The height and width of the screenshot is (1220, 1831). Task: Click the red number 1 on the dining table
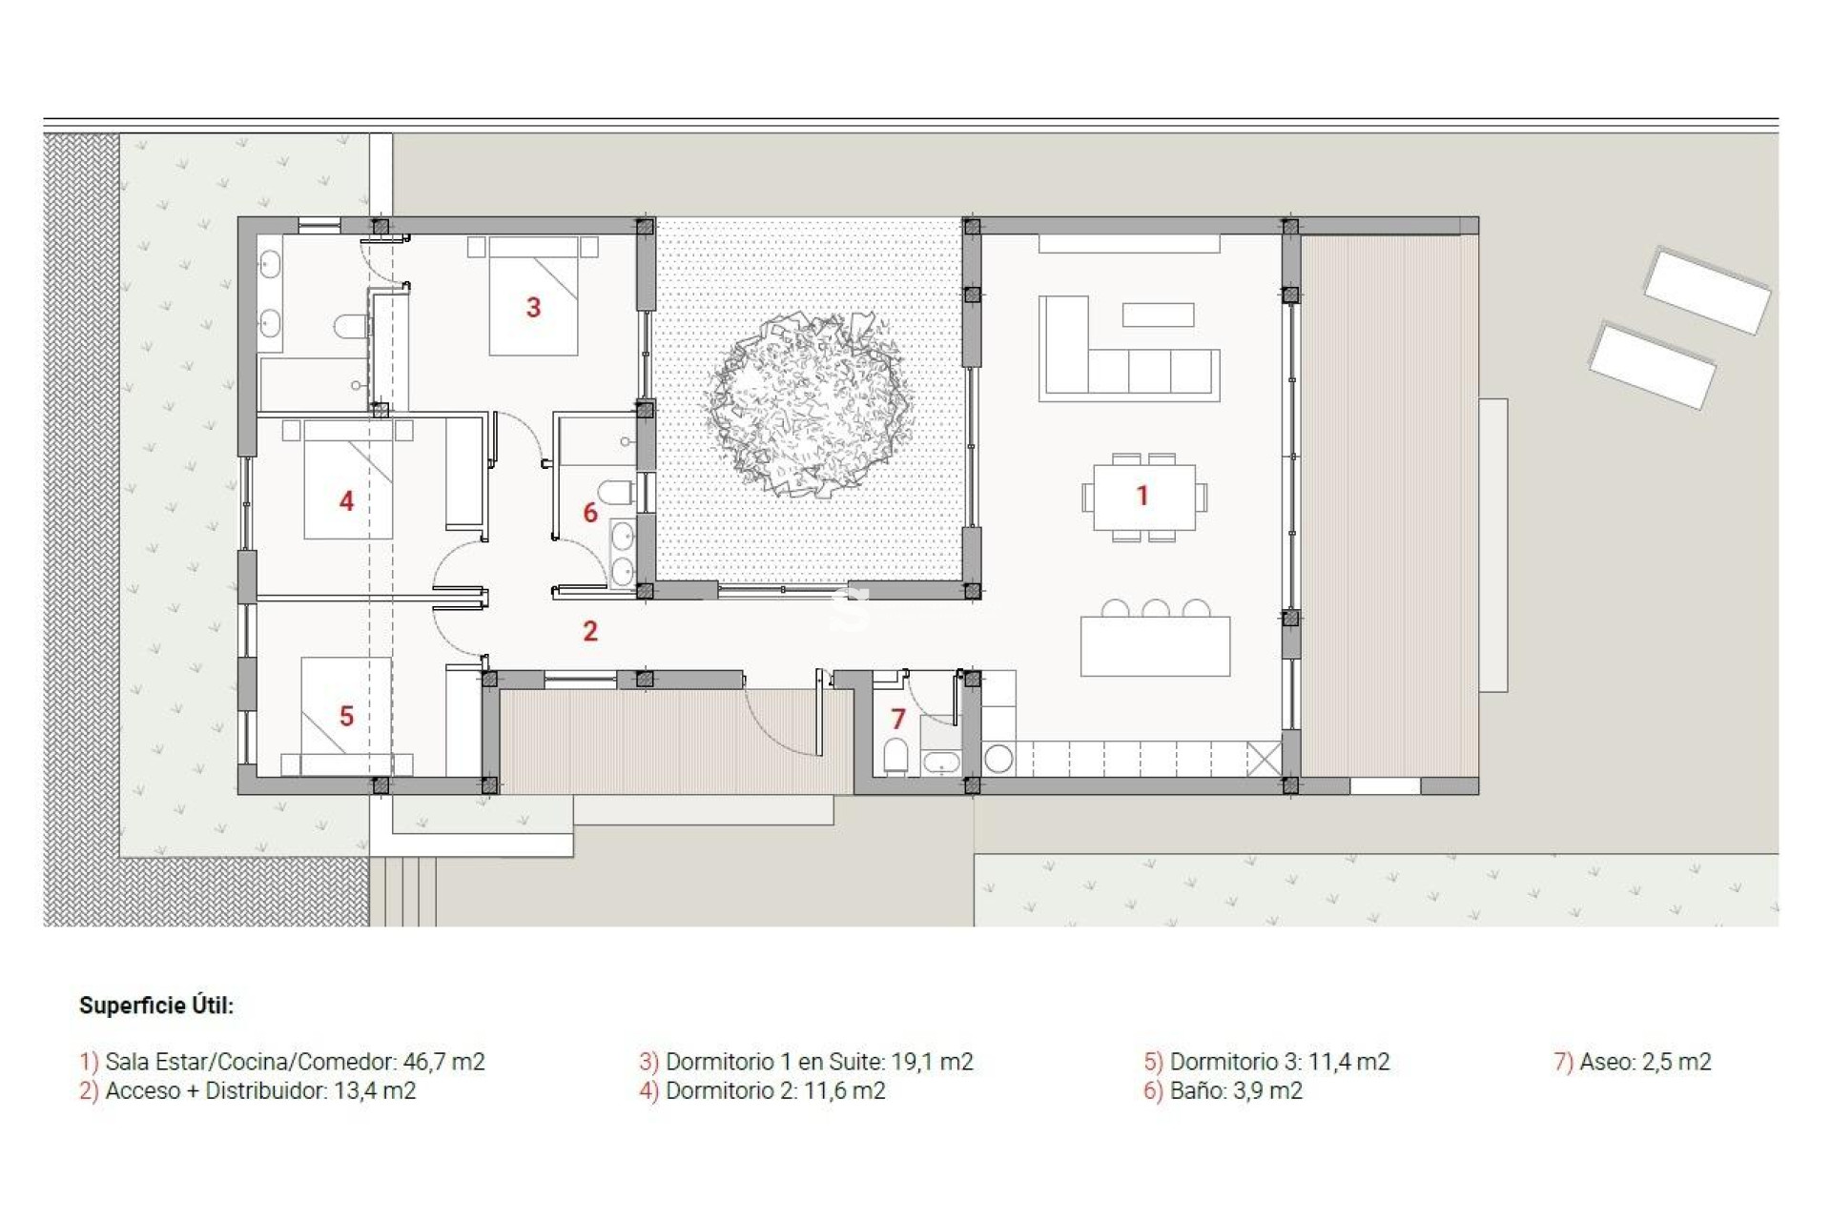(x=1142, y=496)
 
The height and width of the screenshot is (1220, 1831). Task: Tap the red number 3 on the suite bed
(x=533, y=307)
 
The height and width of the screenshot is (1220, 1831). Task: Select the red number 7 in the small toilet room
(x=897, y=719)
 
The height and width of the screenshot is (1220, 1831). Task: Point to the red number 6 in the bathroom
(x=590, y=513)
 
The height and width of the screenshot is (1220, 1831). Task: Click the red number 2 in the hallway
(x=590, y=631)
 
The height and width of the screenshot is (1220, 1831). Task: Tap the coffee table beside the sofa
(x=1158, y=315)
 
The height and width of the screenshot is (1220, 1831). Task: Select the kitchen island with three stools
(x=1155, y=645)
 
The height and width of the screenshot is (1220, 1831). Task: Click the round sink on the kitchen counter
(x=998, y=759)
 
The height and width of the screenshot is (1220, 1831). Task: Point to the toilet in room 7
(x=895, y=756)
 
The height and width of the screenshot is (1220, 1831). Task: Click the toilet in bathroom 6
(x=618, y=493)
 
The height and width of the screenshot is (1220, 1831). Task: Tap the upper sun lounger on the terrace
(x=1706, y=290)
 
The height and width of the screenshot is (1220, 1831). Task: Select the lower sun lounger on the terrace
(x=1652, y=366)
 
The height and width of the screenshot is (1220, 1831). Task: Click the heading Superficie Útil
(x=156, y=1006)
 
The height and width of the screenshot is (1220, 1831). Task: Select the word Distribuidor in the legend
(x=265, y=1091)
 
